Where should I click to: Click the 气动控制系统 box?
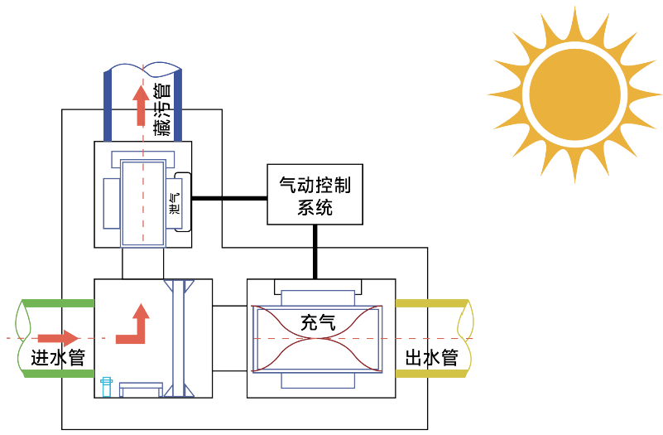pos(315,194)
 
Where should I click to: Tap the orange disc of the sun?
pos(574,94)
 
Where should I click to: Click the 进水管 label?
pos(58,358)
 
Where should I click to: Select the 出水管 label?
pos(432,358)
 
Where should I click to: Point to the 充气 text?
pos(318,322)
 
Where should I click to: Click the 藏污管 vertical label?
pos(163,109)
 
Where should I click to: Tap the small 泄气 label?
pos(174,204)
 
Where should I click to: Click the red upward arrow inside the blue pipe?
pos(141,105)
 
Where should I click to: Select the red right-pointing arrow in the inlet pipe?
pos(58,338)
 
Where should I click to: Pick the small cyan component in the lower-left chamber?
pos(106,387)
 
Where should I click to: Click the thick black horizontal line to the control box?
pos(229,198)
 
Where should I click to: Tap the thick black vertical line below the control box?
pos(315,252)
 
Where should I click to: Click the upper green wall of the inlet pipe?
pos(57,303)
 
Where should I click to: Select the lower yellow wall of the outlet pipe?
pos(432,373)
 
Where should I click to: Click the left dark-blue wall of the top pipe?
pos(108,106)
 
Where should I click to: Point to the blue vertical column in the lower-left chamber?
pos(179,338)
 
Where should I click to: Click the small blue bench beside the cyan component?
pos(141,389)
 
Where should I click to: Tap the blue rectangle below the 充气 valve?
pos(318,380)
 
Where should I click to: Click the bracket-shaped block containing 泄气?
pos(183,202)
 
